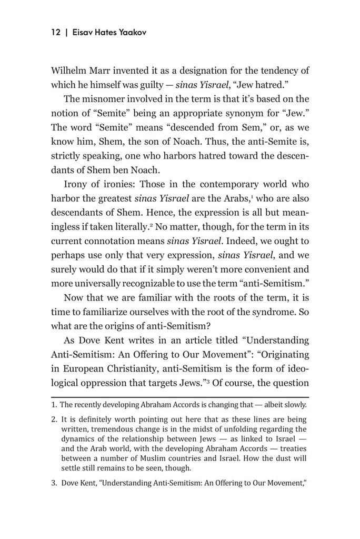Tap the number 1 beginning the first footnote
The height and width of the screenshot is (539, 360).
coord(53,405)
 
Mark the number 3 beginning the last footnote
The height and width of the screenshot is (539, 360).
coord(54,481)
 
